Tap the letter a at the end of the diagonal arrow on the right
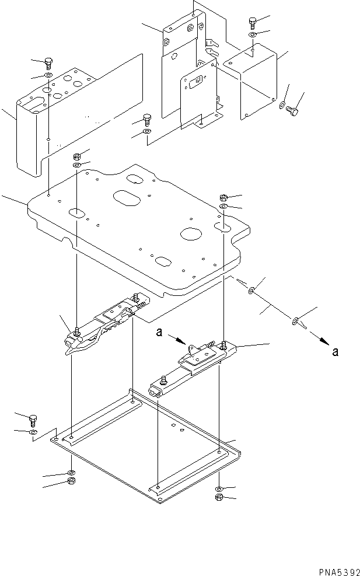tap(334, 351)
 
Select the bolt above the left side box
tap(49, 63)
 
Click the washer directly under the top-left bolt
tap(48, 76)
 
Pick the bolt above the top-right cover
tap(252, 23)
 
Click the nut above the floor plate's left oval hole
tap(77, 156)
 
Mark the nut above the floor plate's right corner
tap(224, 197)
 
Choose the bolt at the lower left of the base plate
tap(34, 419)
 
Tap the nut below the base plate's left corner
tap(71, 481)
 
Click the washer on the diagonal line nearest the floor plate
tap(251, 290)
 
